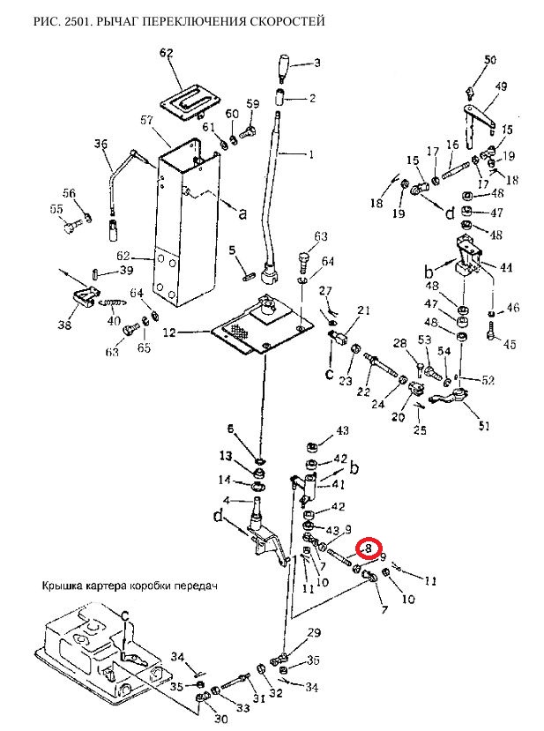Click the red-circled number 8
point(369,549)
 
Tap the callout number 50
point(491,60)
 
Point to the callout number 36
point(101,145)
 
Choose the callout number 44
point(506,266)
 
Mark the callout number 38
point(64,325)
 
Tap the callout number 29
point(314,634)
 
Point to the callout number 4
point(226,500)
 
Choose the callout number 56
point(69,193)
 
